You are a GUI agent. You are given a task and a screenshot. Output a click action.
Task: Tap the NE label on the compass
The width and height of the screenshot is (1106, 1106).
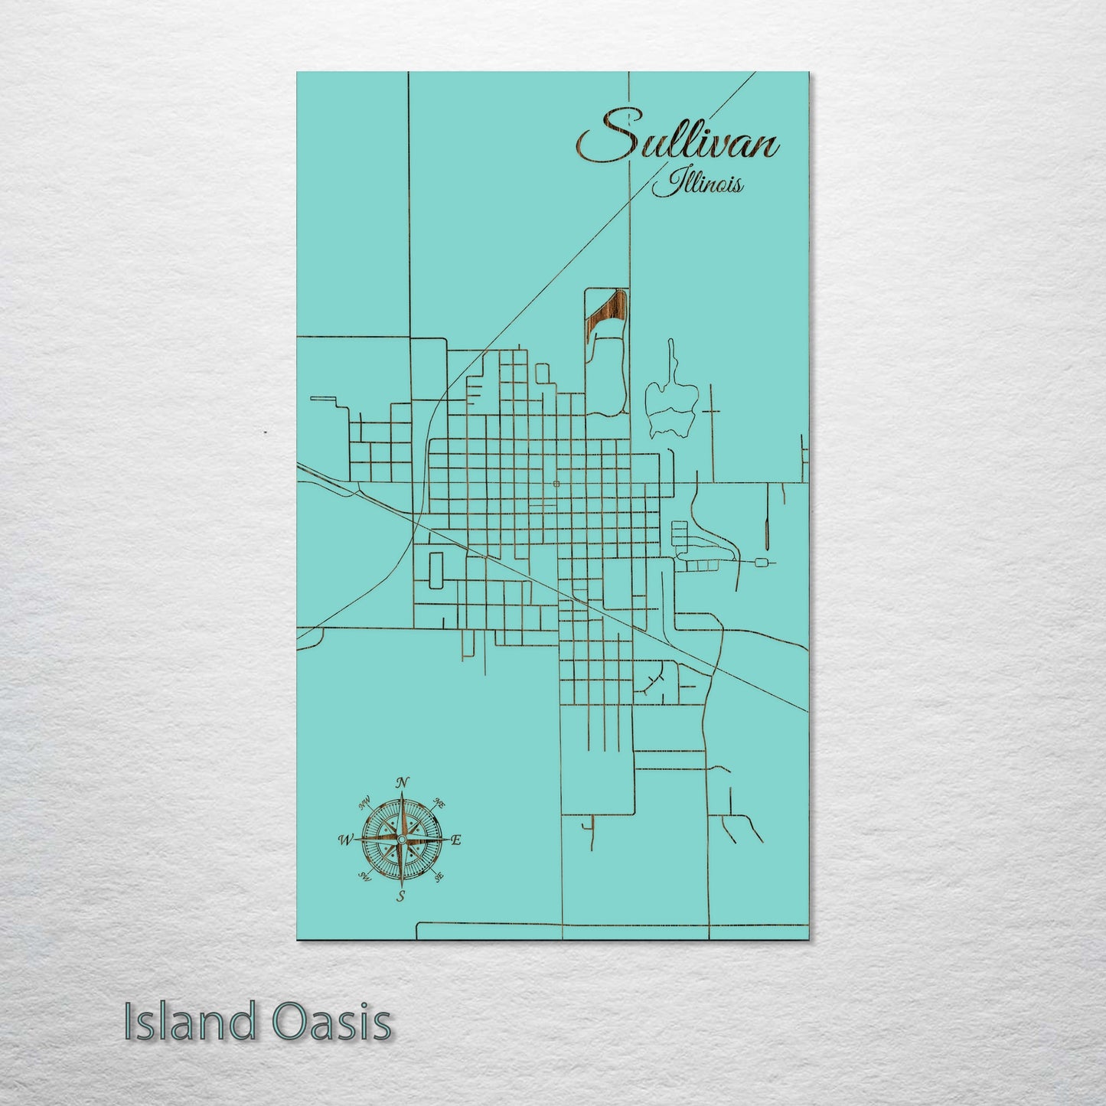click(x=439, y=803)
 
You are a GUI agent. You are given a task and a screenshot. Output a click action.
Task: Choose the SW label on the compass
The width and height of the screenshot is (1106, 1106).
click(x=363, y=878)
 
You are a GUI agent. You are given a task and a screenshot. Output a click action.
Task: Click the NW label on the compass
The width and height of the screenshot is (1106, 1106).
click(x=364, y=803)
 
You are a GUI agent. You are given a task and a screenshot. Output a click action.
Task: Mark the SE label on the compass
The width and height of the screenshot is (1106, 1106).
click(x=439, y=878)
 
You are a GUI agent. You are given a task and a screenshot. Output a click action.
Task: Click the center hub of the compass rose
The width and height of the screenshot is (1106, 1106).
click(x=400, y=840)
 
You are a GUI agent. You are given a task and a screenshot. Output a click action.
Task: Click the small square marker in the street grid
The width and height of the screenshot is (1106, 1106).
click(x=556, y=484)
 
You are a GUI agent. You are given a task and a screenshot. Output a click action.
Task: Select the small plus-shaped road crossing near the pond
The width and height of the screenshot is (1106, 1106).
click(x=712, y=411)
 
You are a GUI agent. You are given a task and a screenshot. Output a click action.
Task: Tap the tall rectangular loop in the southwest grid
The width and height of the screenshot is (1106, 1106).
click(x=436, y=570)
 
